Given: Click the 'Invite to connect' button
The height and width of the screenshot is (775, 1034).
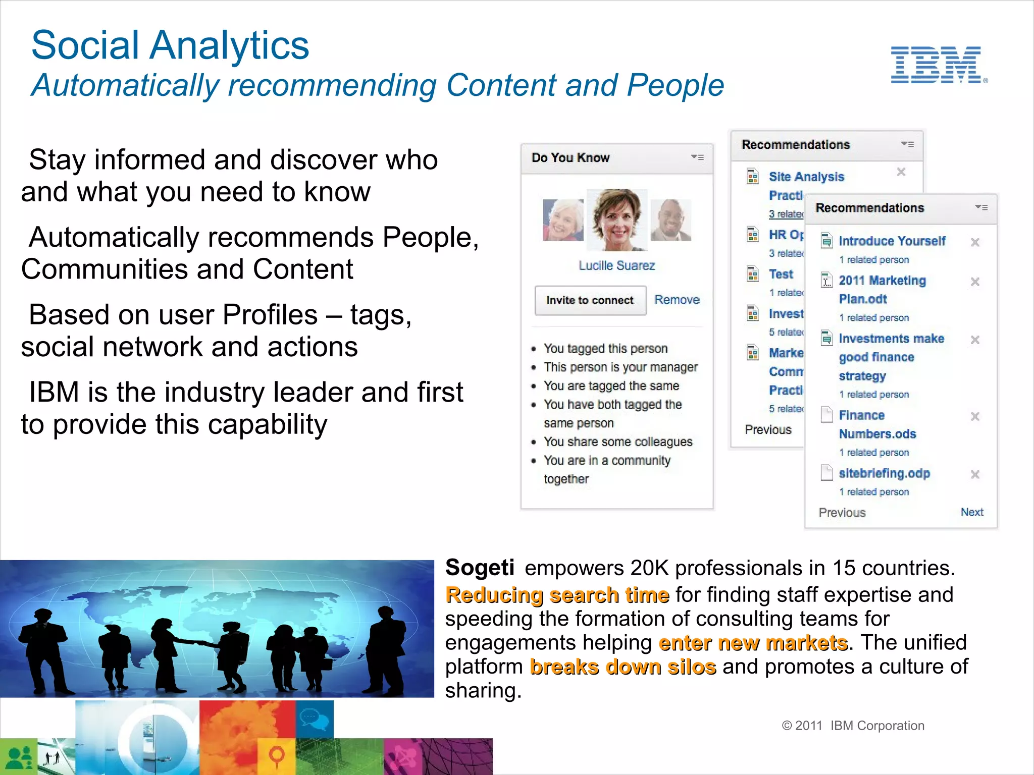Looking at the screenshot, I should [x=590, y=301].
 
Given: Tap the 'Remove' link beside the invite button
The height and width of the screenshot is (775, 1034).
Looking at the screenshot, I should [x=677, y=300].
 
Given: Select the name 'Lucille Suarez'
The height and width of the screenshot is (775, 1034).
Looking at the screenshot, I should [x=616, y=266].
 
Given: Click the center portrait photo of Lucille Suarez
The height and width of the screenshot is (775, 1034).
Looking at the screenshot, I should [x=616, y=220].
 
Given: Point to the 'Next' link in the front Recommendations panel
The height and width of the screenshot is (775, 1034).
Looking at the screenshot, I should [x=971, y=512].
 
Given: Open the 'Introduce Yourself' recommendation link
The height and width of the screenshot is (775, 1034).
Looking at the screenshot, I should [x=892, y=241].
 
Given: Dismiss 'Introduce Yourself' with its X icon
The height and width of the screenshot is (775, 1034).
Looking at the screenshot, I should [x=975, y=243].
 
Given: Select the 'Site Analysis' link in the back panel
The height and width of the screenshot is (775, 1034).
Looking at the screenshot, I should [x=806, y=177].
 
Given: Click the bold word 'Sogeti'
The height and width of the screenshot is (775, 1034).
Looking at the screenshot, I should [x=480, y=568].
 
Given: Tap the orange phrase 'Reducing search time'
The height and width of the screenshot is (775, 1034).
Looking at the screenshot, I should [x=557, y=595].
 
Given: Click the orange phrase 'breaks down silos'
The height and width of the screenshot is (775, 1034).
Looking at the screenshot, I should [x=623, y=667].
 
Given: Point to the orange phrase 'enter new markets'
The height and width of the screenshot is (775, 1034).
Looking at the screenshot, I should [x=753, y=643].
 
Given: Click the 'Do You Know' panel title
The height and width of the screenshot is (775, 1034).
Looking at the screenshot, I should [x=571, y=158].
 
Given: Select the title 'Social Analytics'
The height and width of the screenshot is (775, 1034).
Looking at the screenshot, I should [x=170, y=45].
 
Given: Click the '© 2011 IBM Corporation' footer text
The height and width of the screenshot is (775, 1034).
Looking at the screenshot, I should [x=853, y=726].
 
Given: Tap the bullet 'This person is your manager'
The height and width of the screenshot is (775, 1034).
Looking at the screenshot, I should [x=621, y=367].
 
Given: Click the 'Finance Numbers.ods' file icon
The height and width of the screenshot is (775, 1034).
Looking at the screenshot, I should [x=826, y=415].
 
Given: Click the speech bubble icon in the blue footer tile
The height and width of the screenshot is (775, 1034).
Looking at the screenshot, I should [x=308, y=716].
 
